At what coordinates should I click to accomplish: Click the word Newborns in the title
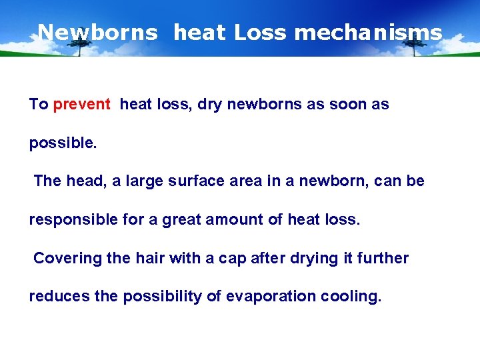click(x=98, y=32)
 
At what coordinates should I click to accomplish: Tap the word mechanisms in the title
click(x=368, y=32)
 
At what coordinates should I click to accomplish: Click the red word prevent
click(x=82, y=105)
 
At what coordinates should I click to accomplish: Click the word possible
click(x=63, y=143)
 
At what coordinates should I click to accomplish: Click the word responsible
click(x=75, y=219)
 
